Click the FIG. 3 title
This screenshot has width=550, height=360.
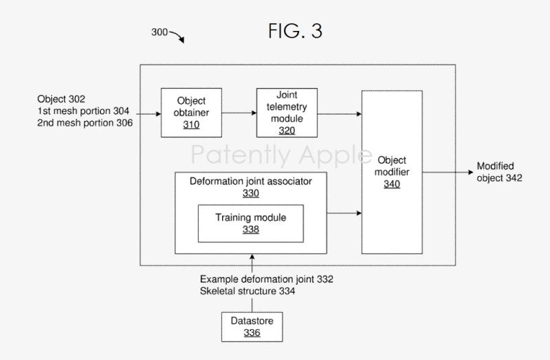click(x=295, y=32)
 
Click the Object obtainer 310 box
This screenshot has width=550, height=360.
click(x=191, y=112)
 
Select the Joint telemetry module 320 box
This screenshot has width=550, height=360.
click(x=287, y=112)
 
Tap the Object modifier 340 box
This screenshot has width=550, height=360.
click(x=392, y=172)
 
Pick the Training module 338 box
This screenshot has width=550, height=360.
click(x=250, y=223)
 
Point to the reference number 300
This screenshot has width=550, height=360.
click(x=159, y=32)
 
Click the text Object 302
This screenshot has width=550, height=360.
click(x=61, y=100)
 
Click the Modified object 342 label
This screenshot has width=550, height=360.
click(x=499, y=172)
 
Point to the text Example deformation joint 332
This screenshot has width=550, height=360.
click(x=267, y=280)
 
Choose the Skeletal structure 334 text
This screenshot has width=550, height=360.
click(x=248, y=291)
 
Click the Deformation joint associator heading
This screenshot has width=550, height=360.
click(x=250, y=182)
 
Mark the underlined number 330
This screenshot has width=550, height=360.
click(x=250, y=194)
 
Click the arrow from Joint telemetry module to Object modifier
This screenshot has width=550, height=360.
click(x=339, y=113)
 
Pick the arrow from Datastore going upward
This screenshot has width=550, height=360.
click(x=252, y=262)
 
